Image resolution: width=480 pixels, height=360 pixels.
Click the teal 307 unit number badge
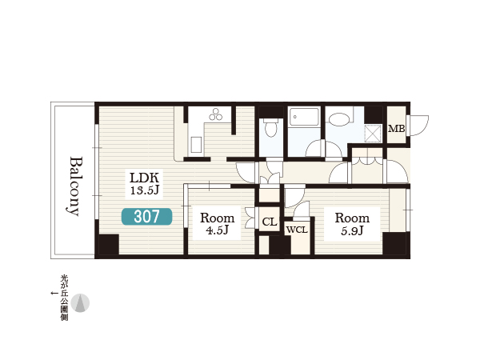coord(146,217)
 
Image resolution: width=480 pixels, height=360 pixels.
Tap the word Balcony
coord(75,186)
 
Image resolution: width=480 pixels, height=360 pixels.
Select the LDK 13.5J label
coord(145,184)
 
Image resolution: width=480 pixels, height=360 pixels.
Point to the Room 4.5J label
coord(218,224)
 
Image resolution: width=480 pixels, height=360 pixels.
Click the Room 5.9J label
coord(352,224)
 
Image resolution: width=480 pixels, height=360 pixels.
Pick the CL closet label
coord(270,222)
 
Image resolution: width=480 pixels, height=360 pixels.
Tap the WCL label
coord(297,230)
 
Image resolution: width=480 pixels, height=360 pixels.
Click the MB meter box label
coord(397,129)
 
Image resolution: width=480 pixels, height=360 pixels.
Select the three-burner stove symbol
coord(216,114)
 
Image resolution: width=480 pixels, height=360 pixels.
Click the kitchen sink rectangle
coord(196,145)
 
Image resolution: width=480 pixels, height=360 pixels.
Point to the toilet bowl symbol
coord(271,128)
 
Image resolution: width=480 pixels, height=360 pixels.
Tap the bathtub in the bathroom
coord(304,116)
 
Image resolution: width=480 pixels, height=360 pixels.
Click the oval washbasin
coord(339,118)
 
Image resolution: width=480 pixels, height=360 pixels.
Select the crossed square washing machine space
coord(373,134)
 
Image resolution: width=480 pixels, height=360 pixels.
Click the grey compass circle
coord(80,303)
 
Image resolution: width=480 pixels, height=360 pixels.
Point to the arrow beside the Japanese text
coord(54,294)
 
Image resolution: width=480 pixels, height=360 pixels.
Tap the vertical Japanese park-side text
coord(64,298)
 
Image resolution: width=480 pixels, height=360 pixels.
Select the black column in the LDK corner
coord(109,244)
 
